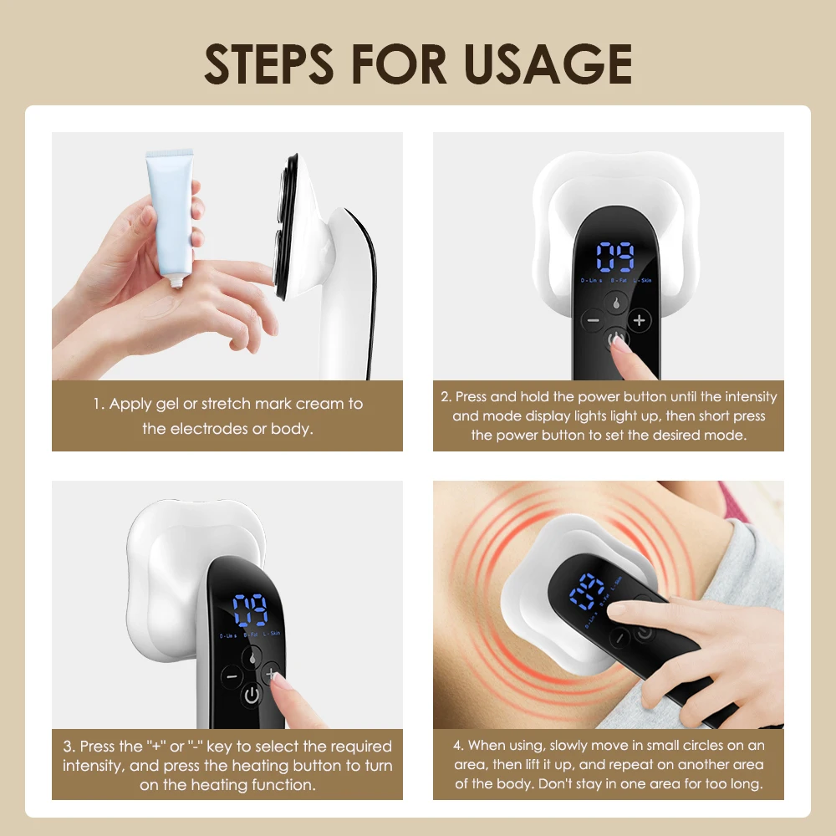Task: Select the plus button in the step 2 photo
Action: tap(640, 320)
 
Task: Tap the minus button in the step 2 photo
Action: tap(593, 320)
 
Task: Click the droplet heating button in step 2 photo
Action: tap(616, 302)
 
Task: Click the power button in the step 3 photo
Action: tap(252, 695)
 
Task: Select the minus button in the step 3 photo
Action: tap(230, 675)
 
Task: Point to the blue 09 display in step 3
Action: tap(250, 611)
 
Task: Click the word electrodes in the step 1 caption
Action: tap(209, 429)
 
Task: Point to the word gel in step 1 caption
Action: tap(167, 404)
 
